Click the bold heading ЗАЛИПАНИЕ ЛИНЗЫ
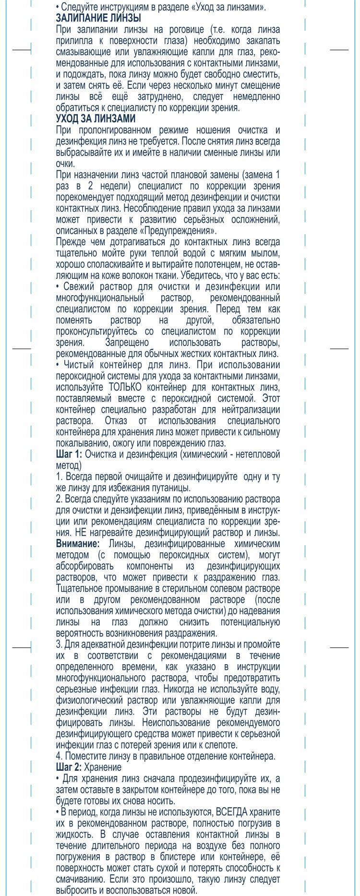(x=98, y=18)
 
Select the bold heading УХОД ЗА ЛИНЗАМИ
(x=96, y=119)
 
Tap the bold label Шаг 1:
(x=69, y=454)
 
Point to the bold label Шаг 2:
(x=69, y=767)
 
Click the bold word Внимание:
(x=78, y=544)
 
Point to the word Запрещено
(x=127, y=343)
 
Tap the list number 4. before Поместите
(x=59, y=756)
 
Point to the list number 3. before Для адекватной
(x=59, y=645)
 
